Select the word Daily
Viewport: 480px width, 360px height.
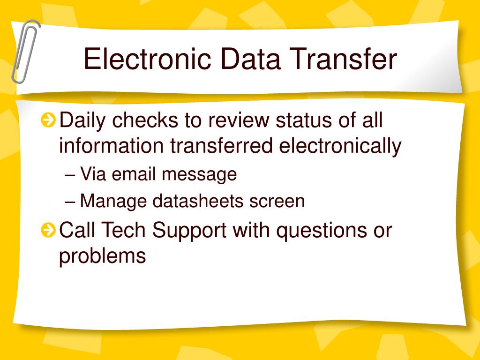click(x=82, y=120)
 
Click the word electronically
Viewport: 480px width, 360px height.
click(x=340, y=146)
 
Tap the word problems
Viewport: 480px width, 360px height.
click(x=102, y=256)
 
